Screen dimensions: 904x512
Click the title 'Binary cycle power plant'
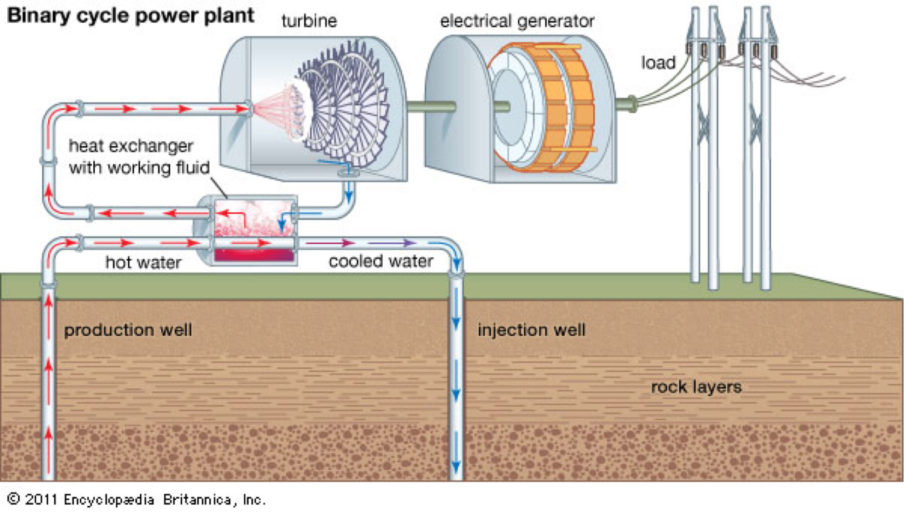[x=131, y=17]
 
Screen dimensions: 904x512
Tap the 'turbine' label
[x=309, y=21]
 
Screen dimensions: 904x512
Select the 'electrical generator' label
[x=517, y=21]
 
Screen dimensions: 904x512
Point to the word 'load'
[x=658, y=63]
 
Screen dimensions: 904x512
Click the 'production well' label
[x=128, y=331]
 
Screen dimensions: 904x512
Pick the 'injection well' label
[x=531, y=331]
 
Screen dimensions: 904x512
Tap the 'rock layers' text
[x=696, y=387]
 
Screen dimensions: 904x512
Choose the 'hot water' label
[x=143, y=262]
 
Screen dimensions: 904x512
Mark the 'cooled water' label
[x=381, y=261]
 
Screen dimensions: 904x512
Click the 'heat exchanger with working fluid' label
[x=139, y=157]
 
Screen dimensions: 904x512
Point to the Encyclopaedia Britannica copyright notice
[x=137, y=499]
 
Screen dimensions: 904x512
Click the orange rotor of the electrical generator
[x=565, y=107]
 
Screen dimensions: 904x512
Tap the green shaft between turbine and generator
[x=432, y=107]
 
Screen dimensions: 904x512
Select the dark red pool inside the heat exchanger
[x=253, y=255]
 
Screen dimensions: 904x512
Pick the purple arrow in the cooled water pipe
[x=392, y=243]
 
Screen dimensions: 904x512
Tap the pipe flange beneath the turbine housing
[x=348, y=173]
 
